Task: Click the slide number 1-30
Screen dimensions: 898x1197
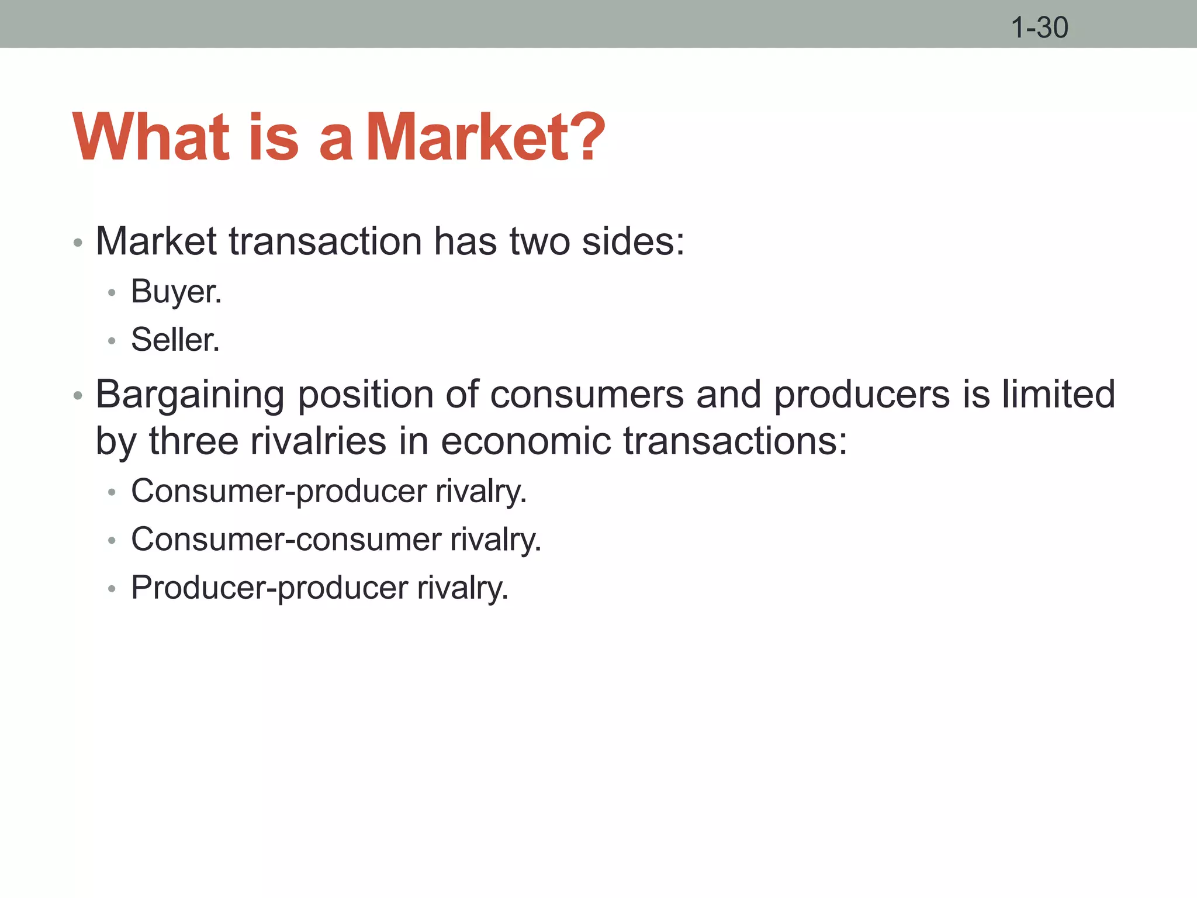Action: [1039, 27]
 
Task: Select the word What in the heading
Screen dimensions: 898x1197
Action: [151, 137]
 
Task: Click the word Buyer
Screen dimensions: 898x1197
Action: [176, 292]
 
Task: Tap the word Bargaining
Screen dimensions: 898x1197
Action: [190, 395]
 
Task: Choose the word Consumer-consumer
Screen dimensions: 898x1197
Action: [286, 539]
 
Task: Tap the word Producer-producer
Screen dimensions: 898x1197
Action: [269, 588]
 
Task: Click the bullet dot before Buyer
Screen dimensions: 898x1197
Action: [112, 292]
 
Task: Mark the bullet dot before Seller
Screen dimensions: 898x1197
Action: [112, 340]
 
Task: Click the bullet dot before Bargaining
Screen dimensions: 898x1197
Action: [78, 396]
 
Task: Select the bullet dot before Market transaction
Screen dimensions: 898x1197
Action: [78, 243]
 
